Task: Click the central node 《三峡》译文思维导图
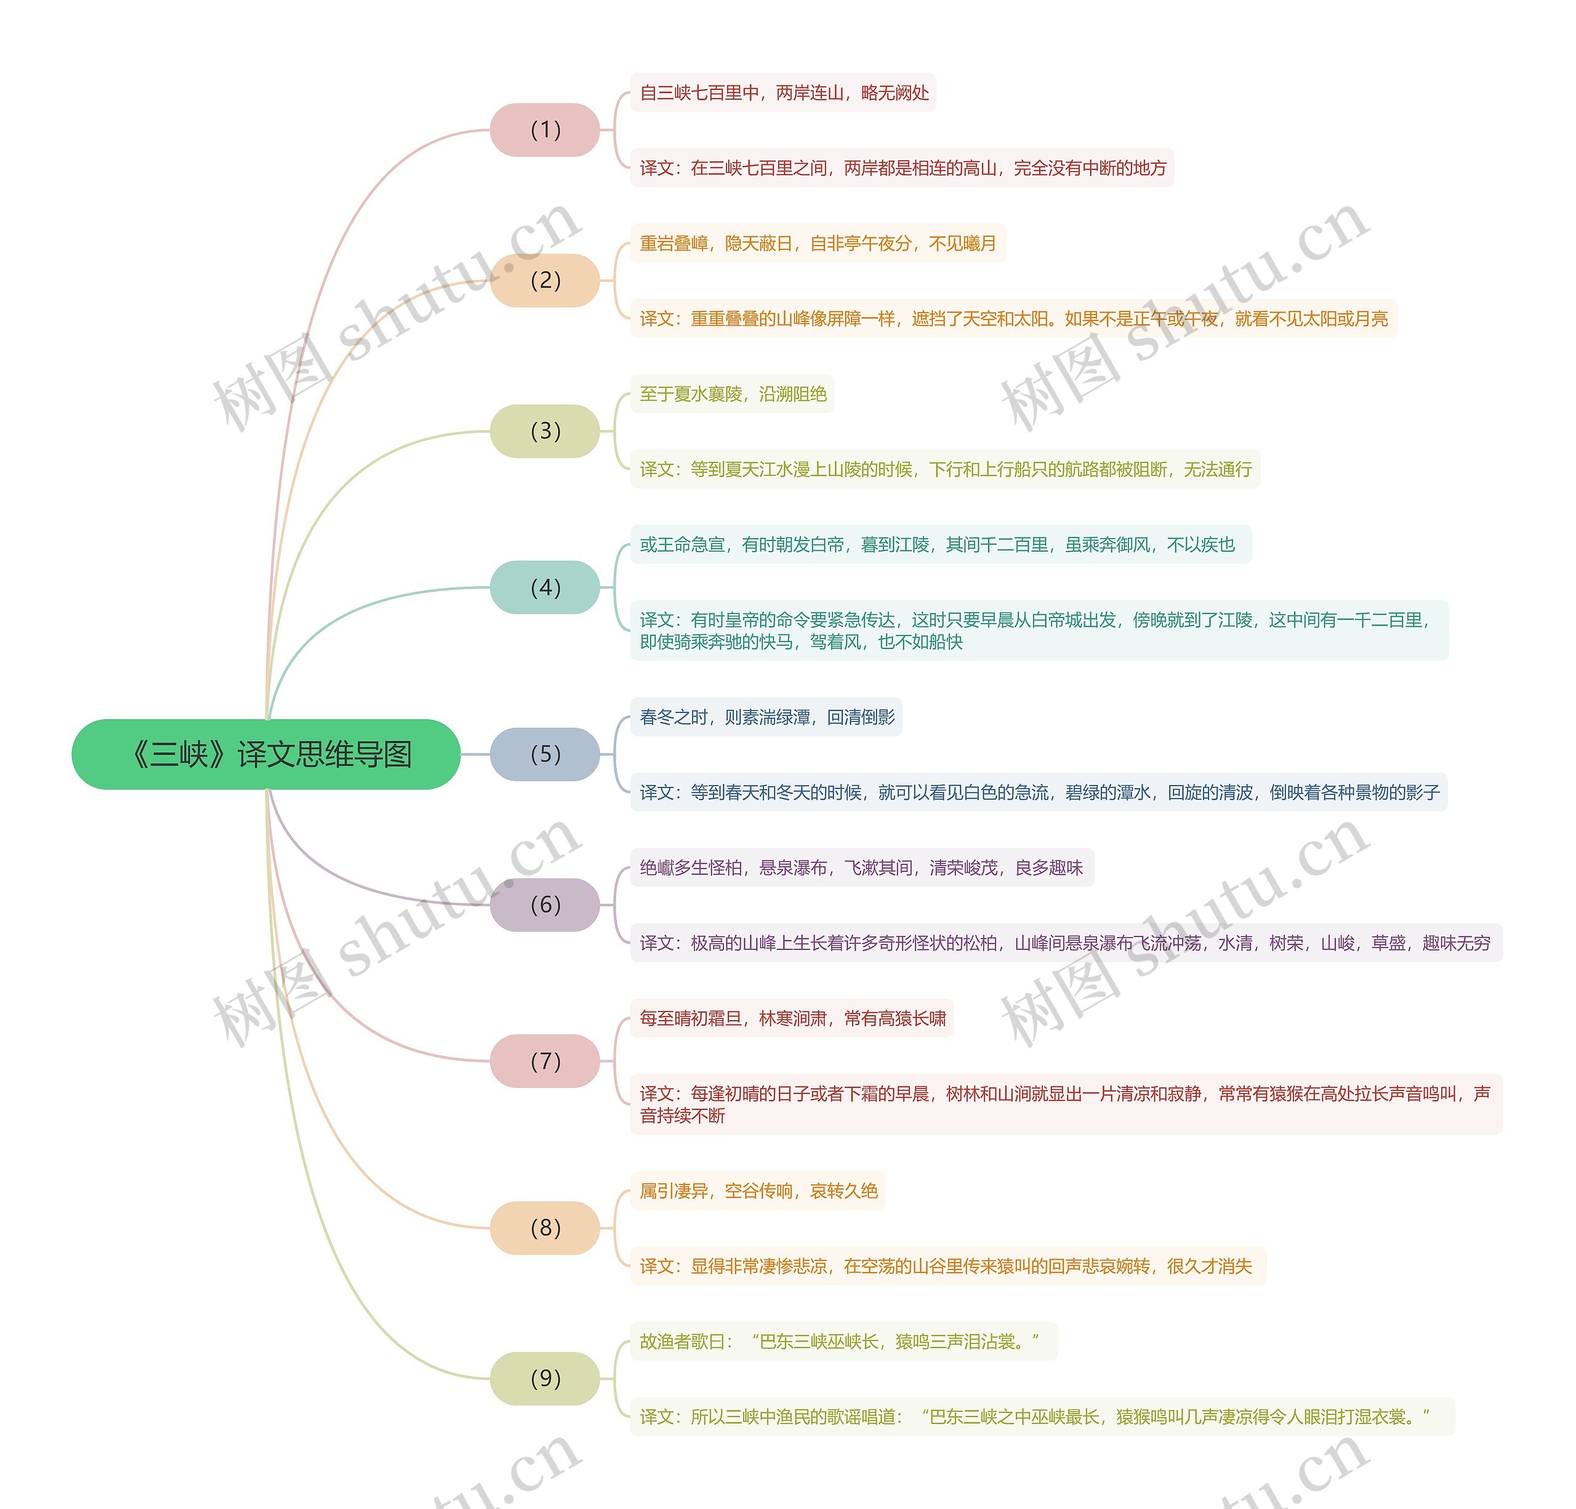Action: click(x=266, y=754)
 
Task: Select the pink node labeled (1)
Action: click(x=545, y=129)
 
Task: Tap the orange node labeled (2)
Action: click(x=545, y=281)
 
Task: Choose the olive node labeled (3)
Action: click(x=545, y=431)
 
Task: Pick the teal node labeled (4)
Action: click(x=545, y=588)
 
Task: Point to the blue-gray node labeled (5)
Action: click(x=545, y=754)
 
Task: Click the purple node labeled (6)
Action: click(x=545, y=904)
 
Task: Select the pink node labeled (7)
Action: click(x=545, y=1061)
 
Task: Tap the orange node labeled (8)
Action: click(x=545, y=1228)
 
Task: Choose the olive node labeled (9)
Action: click(x=545, y=1378)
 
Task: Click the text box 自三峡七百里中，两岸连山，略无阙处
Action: click(x=783, y=92)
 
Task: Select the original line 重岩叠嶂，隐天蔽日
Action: click(x=818, y=243)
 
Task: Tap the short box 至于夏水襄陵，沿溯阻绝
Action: click(x=733, y=394)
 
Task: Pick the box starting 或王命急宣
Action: click(x=941, y=544)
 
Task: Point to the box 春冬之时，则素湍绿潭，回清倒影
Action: click(x=766, y=716)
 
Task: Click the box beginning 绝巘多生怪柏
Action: click(x=862, y=867)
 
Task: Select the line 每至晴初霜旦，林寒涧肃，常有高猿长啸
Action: click(x=792, y=1018)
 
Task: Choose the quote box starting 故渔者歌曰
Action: click(x=843, y=1341)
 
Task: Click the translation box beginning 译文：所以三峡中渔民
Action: click(x=1042, y=1417)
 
